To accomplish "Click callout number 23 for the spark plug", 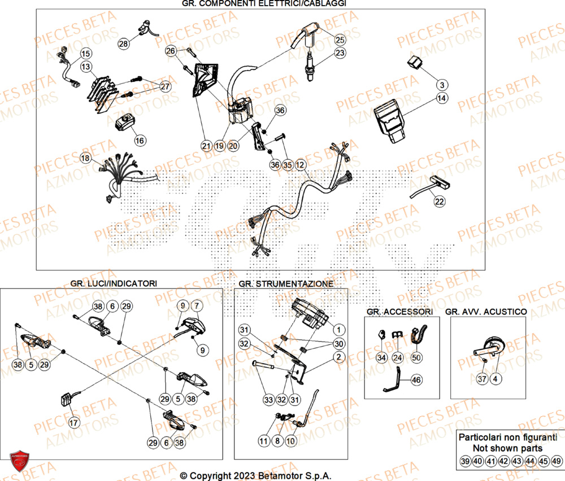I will [x=340, y=53].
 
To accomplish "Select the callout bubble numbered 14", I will [x=442, y=98].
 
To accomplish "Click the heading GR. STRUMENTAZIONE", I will [x=286, y=283].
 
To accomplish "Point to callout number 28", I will [x=124, y=43].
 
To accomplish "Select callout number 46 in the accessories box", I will [x=416, y=381].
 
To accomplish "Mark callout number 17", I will [x=73, y=422].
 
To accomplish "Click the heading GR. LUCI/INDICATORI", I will [x=114, y=283].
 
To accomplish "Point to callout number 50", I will [x=417, y=358].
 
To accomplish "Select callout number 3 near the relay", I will [x=443, y=85].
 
